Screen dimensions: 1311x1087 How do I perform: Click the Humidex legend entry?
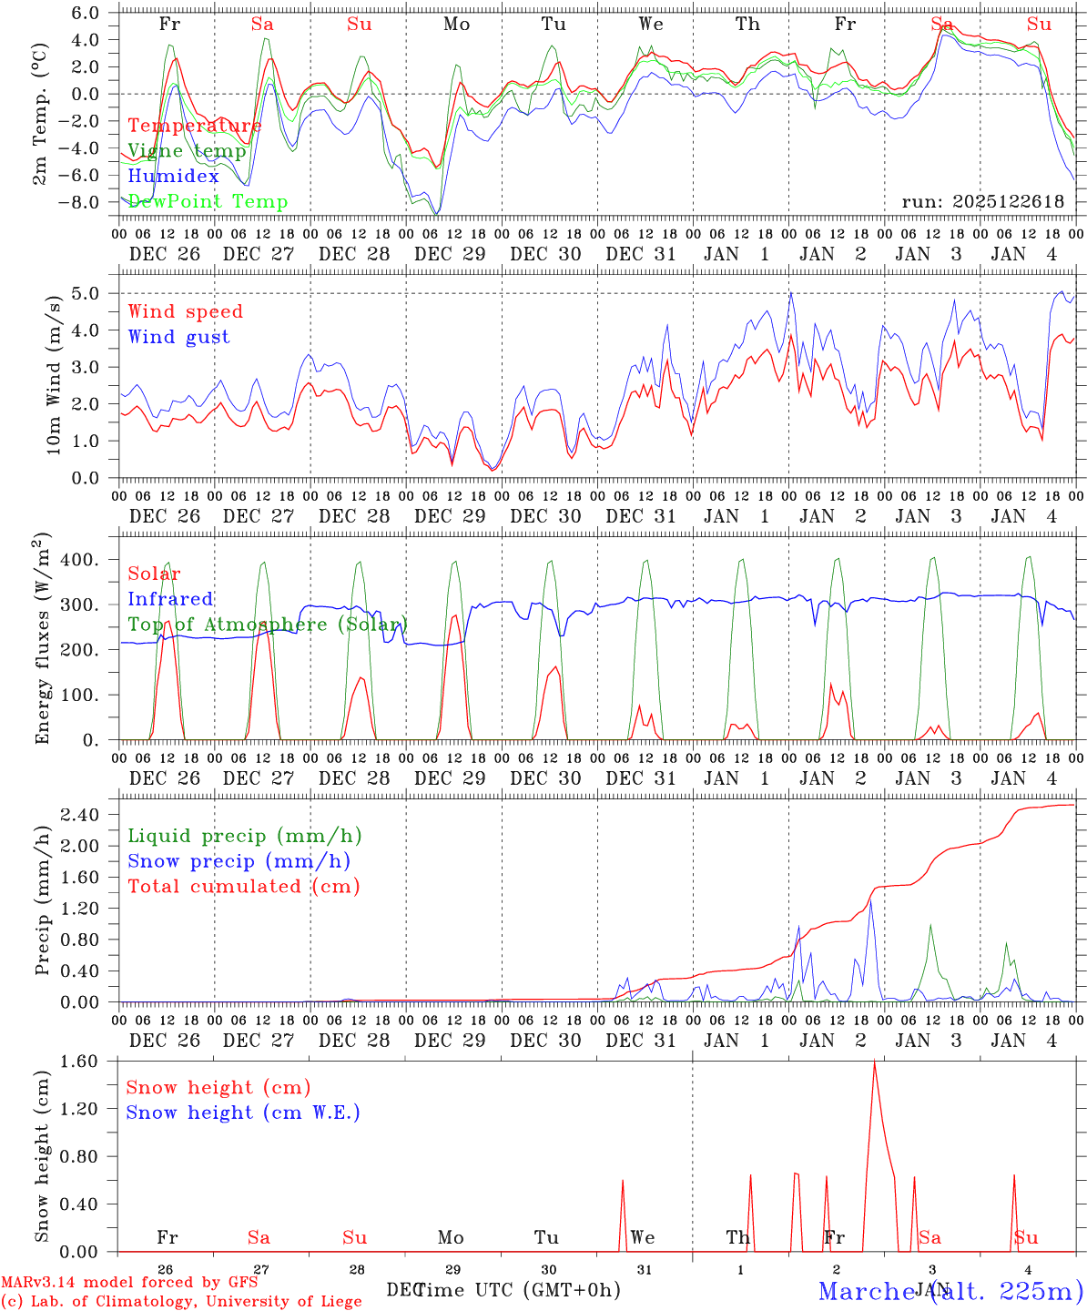click(x=173, y=177)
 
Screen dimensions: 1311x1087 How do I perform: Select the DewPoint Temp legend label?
click(x=208, y=202)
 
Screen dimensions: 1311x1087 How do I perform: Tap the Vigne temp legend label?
click(x=187, y=151)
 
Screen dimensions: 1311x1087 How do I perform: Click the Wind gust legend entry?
click(x=178, y=337)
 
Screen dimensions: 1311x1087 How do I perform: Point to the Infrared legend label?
click(x=170, y=599)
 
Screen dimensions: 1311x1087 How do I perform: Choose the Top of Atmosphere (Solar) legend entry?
click(x=268, y=625)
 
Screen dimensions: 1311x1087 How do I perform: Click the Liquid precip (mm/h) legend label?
click(x=245, y=836)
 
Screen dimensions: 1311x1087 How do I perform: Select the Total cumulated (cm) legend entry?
click(x=244, y=887)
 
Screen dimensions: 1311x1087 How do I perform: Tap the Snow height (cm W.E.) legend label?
click(x=243, y=1113)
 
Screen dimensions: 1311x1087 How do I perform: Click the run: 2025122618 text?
click(x=982, y=202)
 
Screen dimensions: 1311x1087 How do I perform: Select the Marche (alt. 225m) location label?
click(x=950, y=1291)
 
